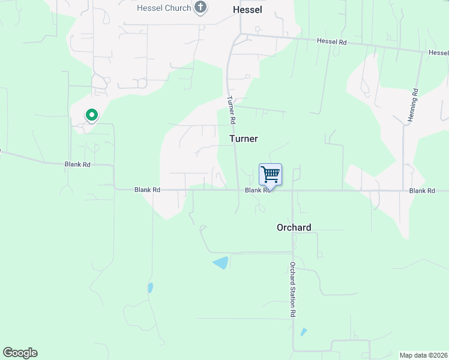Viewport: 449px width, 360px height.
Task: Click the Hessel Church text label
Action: pos(164,8)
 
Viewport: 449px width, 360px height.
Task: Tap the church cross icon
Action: pos(201,8)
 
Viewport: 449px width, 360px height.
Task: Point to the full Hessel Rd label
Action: pos(332,41)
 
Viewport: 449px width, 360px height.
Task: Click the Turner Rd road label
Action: pos(231,110)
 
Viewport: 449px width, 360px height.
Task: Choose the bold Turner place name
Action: pos(244,139)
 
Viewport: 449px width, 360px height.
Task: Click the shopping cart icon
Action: pos(271,175)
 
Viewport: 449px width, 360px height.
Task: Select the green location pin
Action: pos(91,114)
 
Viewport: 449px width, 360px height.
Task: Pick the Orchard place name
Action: pos(294,227)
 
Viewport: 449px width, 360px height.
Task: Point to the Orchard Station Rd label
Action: pos(293,290)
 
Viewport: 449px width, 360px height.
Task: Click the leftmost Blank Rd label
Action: pos(77,164)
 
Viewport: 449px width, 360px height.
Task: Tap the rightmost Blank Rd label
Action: pos(421,190)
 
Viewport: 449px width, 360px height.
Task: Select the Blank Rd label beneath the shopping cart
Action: pos(256,190)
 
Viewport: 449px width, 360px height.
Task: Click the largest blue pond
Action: pos(221,262)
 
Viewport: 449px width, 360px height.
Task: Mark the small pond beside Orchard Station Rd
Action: pos(304,332)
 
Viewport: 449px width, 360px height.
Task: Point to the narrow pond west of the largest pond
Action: pos(150,287)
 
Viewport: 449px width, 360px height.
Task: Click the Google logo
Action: pos(20,353)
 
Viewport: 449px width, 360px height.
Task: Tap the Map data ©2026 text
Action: pos(423,355)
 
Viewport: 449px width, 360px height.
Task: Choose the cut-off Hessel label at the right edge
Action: pos(438,53)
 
